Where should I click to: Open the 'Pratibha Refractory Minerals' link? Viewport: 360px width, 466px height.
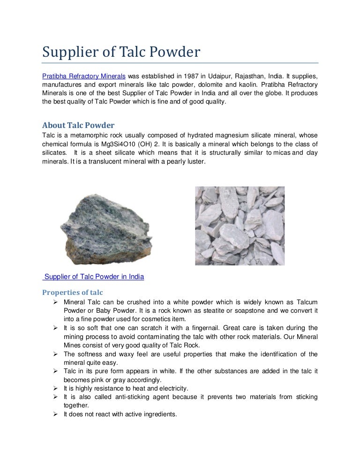(84, 76)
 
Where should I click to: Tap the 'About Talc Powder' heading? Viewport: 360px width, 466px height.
(78, 125)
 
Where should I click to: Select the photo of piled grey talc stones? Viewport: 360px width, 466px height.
(240, 226)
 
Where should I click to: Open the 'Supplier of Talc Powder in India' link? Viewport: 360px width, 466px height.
(94, 277)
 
